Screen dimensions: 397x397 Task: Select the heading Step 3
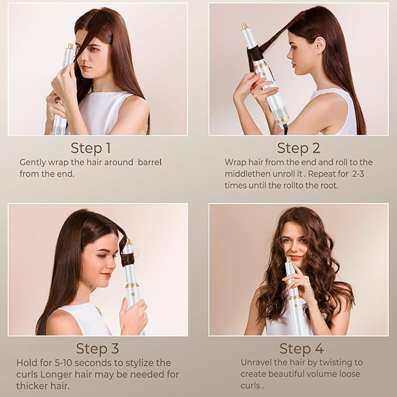(x=98, y=349)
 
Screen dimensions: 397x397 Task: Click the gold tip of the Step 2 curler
(x=244, y=27)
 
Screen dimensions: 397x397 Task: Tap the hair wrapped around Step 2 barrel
(x=255, y=54)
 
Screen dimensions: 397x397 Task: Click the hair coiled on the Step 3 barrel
(x=128, y=258)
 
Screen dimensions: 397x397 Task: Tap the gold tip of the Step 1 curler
(x=70, y=46)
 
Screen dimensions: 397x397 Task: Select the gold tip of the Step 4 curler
(x=288, y=258)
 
